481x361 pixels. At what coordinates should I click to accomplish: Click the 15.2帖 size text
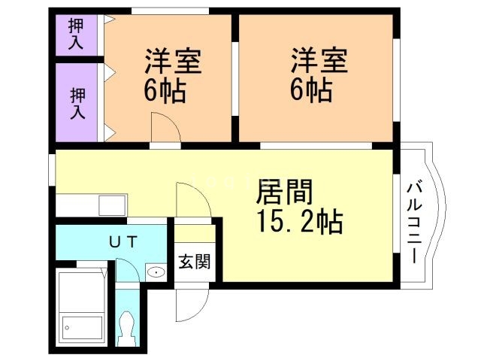pyautogui.click(x=296, y=223)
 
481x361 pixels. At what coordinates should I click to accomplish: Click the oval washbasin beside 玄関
pyautogui.click(x=156, y=272)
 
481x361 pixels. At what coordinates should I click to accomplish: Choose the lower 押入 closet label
pyautogui.click(x=77, y=104)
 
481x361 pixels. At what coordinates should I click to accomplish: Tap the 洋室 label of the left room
pyautogui.click(x=172, y=60)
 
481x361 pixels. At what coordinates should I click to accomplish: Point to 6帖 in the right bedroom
pyautogui.click(x=312, y=92)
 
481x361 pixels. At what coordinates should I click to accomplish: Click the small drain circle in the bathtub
pyautogui.click(x=68, y=328)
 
